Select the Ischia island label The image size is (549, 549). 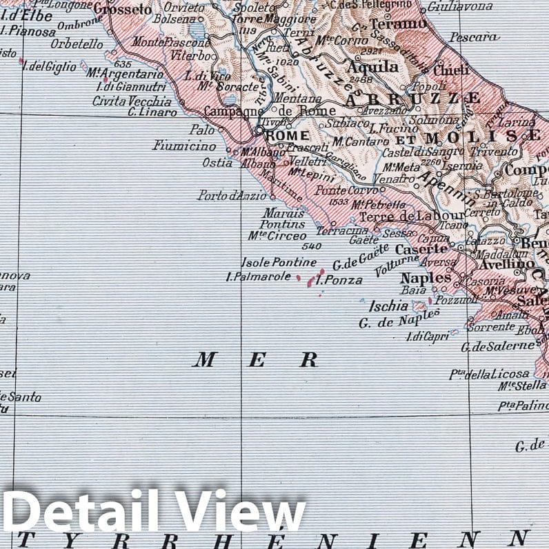[x=389, y=306]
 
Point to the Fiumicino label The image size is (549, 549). [x=184, y=146]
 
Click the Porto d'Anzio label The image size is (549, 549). [x=231, y=196]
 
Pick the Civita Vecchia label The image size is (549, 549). [x=132, y=101]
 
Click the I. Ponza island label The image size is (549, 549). [x=339, y=280]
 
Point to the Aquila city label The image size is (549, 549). [x=372, y=67]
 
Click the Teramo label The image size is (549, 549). [x=398, y=24]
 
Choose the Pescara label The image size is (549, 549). [x=474, y=37]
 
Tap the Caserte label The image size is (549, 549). [x=421, y=249]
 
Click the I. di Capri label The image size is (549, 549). [x=428, y=337]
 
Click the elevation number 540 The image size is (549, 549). [x=312, y=246]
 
